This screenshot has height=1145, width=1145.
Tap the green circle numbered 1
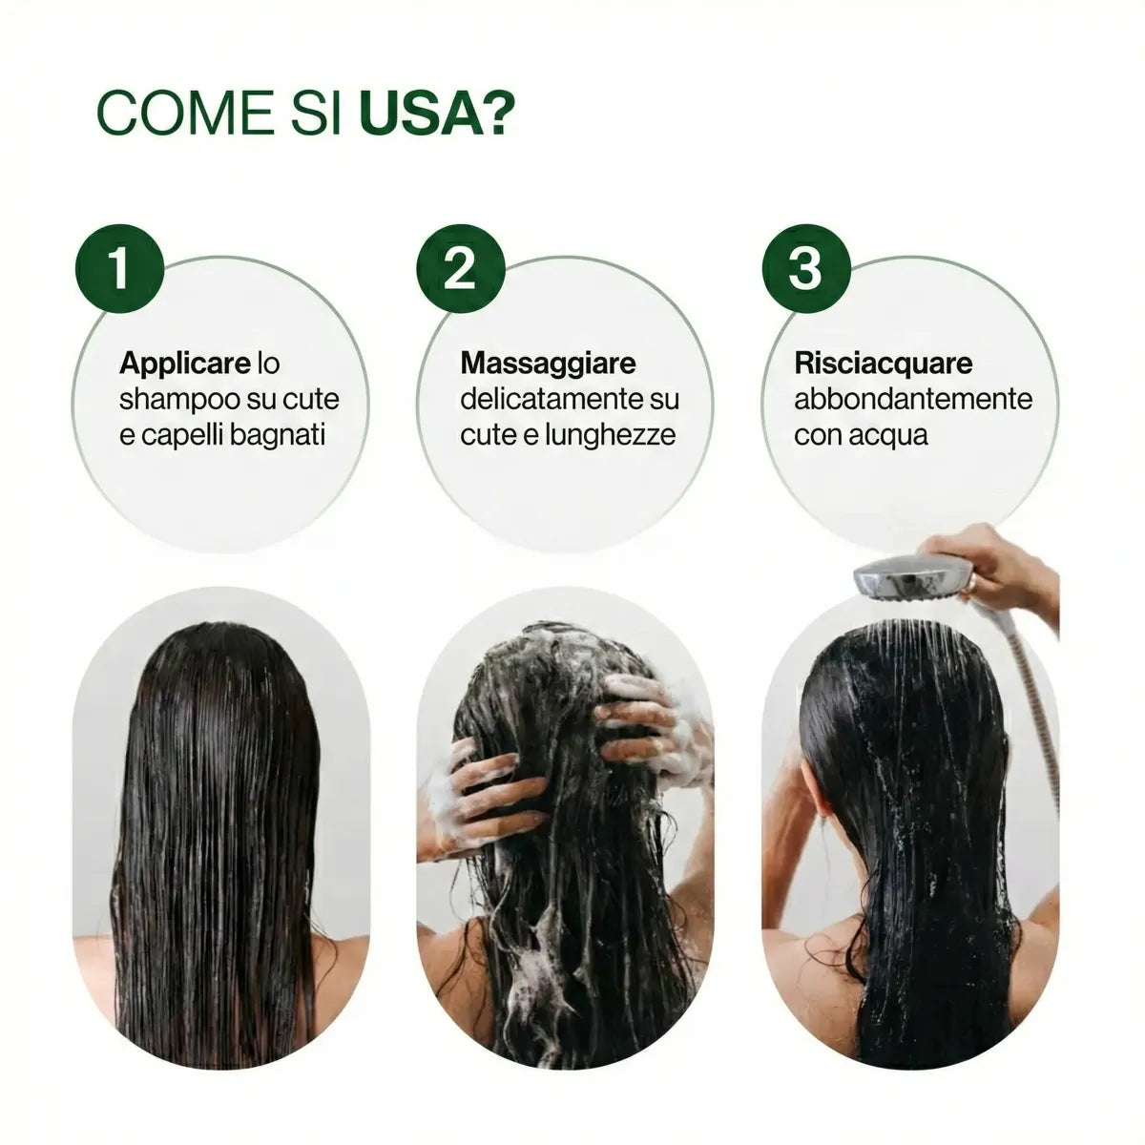tap(119, 268)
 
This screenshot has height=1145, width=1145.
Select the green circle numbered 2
tap(461, 268)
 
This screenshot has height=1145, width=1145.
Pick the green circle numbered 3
tap(806, 268)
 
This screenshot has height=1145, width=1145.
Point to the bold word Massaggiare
tap(548, 364)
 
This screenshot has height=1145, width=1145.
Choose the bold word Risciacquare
tap(883, 364)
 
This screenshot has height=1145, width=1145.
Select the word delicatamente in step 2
tap(550, 399)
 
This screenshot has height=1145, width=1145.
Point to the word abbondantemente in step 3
tap(913, 399)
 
